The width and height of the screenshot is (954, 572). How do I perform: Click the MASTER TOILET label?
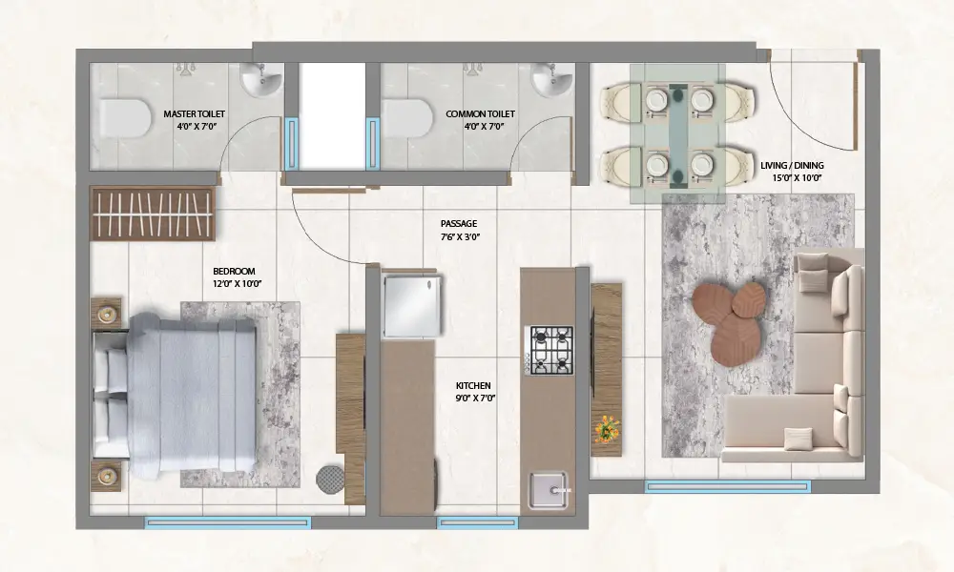194,113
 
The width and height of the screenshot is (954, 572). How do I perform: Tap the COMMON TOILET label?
480,113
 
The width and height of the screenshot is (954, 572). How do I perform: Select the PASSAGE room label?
459,224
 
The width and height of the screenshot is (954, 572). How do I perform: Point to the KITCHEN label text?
473,385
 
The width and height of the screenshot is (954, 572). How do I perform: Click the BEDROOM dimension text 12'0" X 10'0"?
237,284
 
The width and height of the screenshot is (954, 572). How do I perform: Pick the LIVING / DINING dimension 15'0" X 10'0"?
797,178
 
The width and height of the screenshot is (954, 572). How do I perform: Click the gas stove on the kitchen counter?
551,350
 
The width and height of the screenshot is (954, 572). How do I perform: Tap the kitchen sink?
549,489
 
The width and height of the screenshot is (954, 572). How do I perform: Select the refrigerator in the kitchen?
411,306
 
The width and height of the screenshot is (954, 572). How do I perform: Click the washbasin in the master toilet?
261,79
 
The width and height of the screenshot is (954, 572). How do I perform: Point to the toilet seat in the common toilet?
405,118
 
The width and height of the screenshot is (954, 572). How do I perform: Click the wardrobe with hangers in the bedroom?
153,214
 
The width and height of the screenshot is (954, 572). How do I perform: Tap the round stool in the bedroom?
330,479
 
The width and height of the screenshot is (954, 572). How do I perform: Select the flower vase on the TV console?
607,429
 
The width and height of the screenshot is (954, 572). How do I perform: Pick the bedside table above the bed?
106,313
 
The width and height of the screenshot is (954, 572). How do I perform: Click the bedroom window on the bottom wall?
228,522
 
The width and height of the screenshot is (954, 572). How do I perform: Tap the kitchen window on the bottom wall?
478,522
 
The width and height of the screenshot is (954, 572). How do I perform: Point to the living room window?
728,486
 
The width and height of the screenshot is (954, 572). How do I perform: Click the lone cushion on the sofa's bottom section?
798,439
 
